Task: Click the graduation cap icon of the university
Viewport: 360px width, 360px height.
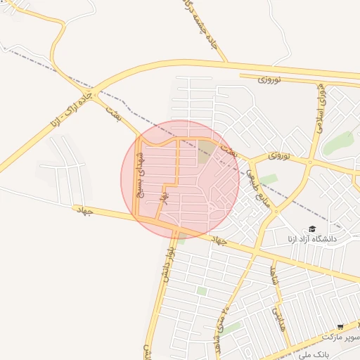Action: (x=311, y=229)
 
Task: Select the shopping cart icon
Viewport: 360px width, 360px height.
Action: (x=340, y=327)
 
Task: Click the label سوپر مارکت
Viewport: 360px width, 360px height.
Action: (x=342, y=337)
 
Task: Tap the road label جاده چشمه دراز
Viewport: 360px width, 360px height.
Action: (x=204, y=28)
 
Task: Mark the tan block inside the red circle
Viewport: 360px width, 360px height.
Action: (x=205, y=151)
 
